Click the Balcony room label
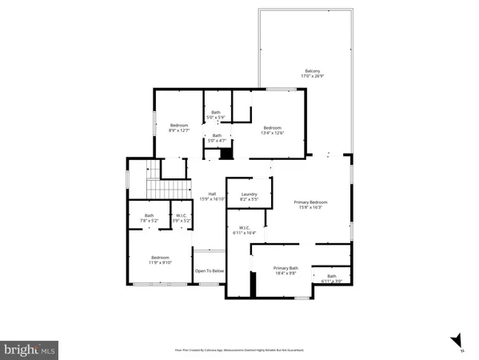pyautogui.click(x=311, y=74)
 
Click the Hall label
pyautogui.click(x=213, y=196)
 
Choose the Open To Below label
pyautogui.click(x=210, y=271)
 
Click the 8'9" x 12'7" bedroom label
pyautogui.click(x=179, y=128)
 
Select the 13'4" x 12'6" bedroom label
pyautogui.click(x=273, y=130)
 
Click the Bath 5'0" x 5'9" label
pyautogui.click(x=216, y=115)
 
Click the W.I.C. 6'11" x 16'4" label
pyautogui.click(x=244, y=230)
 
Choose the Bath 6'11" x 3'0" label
pyautogui.click(x=331, y=279)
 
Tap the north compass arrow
pyautogui.click(x=456, y=339)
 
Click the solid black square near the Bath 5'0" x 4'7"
pyautogui.click(x=226, y=153)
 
